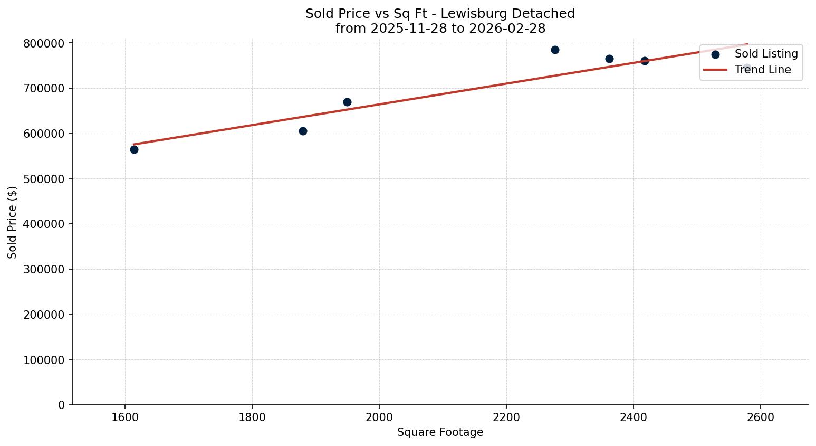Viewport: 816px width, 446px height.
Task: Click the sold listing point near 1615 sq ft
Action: [134, 149]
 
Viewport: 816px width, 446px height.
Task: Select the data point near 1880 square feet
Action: [303, 131]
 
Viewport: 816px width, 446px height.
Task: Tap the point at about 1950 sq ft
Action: [347, 102]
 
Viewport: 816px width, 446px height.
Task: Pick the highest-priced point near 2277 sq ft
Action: [555, 50]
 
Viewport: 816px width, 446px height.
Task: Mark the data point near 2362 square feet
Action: [609, 59]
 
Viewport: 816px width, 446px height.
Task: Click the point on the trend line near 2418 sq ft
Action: [645, 61]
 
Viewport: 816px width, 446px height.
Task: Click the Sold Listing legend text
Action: [766, 54]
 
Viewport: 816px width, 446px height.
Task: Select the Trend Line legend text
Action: [762, 70]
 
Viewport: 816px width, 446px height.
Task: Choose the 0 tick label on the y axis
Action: [62, 405]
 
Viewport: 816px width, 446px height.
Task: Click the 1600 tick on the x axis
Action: [125, 417]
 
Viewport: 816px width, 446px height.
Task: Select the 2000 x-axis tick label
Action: [379, 417]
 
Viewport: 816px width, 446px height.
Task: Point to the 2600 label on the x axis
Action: [761, 417]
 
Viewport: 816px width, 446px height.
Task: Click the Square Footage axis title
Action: [440, 432]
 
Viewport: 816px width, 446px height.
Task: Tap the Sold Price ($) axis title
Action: [13, 222]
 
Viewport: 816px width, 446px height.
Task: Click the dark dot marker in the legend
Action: [715, 54]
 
